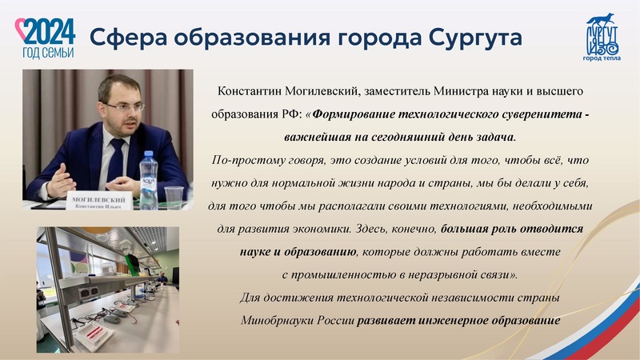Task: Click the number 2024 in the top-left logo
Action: [50, 31]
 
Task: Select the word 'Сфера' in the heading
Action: [119, 38]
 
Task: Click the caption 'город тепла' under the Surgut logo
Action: [601, 58]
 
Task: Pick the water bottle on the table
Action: [149, 172]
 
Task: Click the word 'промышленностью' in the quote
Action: [345, 274]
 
